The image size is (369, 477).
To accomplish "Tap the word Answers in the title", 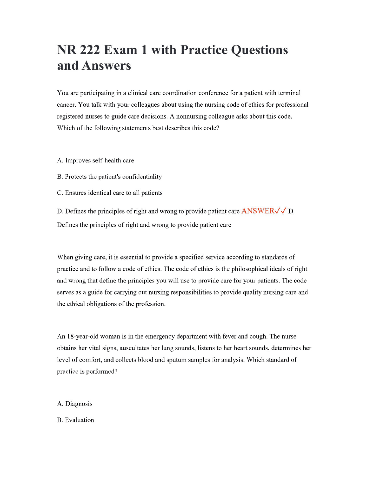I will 106,66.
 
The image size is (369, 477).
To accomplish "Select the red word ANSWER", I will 258,211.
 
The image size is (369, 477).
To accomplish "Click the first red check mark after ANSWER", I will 277,211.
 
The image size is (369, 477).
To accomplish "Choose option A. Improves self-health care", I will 95,160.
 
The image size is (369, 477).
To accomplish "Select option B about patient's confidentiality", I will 109,177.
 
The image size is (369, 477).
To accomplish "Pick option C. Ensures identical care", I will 110,193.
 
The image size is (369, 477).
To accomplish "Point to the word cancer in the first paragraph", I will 66,105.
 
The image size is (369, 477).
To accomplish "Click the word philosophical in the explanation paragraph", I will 250,269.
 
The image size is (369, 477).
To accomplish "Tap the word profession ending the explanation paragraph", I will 150,304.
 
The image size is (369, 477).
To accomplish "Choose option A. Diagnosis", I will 75,404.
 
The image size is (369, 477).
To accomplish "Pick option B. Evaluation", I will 76,420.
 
